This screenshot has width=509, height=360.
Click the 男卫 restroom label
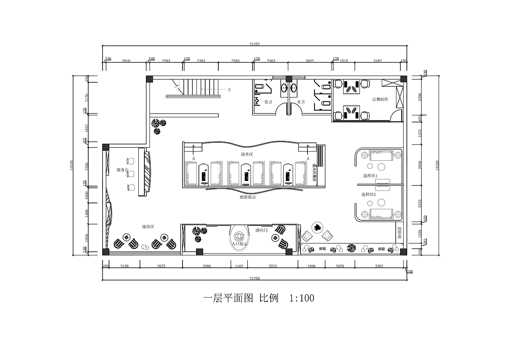(268, 102)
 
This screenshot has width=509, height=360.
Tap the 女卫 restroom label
(301, 102)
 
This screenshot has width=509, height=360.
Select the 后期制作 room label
(380, 99)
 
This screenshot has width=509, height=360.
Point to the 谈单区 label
(247, 154)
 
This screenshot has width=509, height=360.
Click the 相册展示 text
(248, 197)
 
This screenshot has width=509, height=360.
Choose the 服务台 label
(122, 170)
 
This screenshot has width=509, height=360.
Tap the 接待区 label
(148, 226)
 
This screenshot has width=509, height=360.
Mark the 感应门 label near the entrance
(261, 230)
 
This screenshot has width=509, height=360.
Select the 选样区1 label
(370, 175)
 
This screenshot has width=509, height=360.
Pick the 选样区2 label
(368, 195)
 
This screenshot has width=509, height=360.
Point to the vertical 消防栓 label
(399, 233)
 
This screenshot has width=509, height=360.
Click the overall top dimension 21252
(255, 44)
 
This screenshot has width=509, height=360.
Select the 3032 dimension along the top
(310, 61)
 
